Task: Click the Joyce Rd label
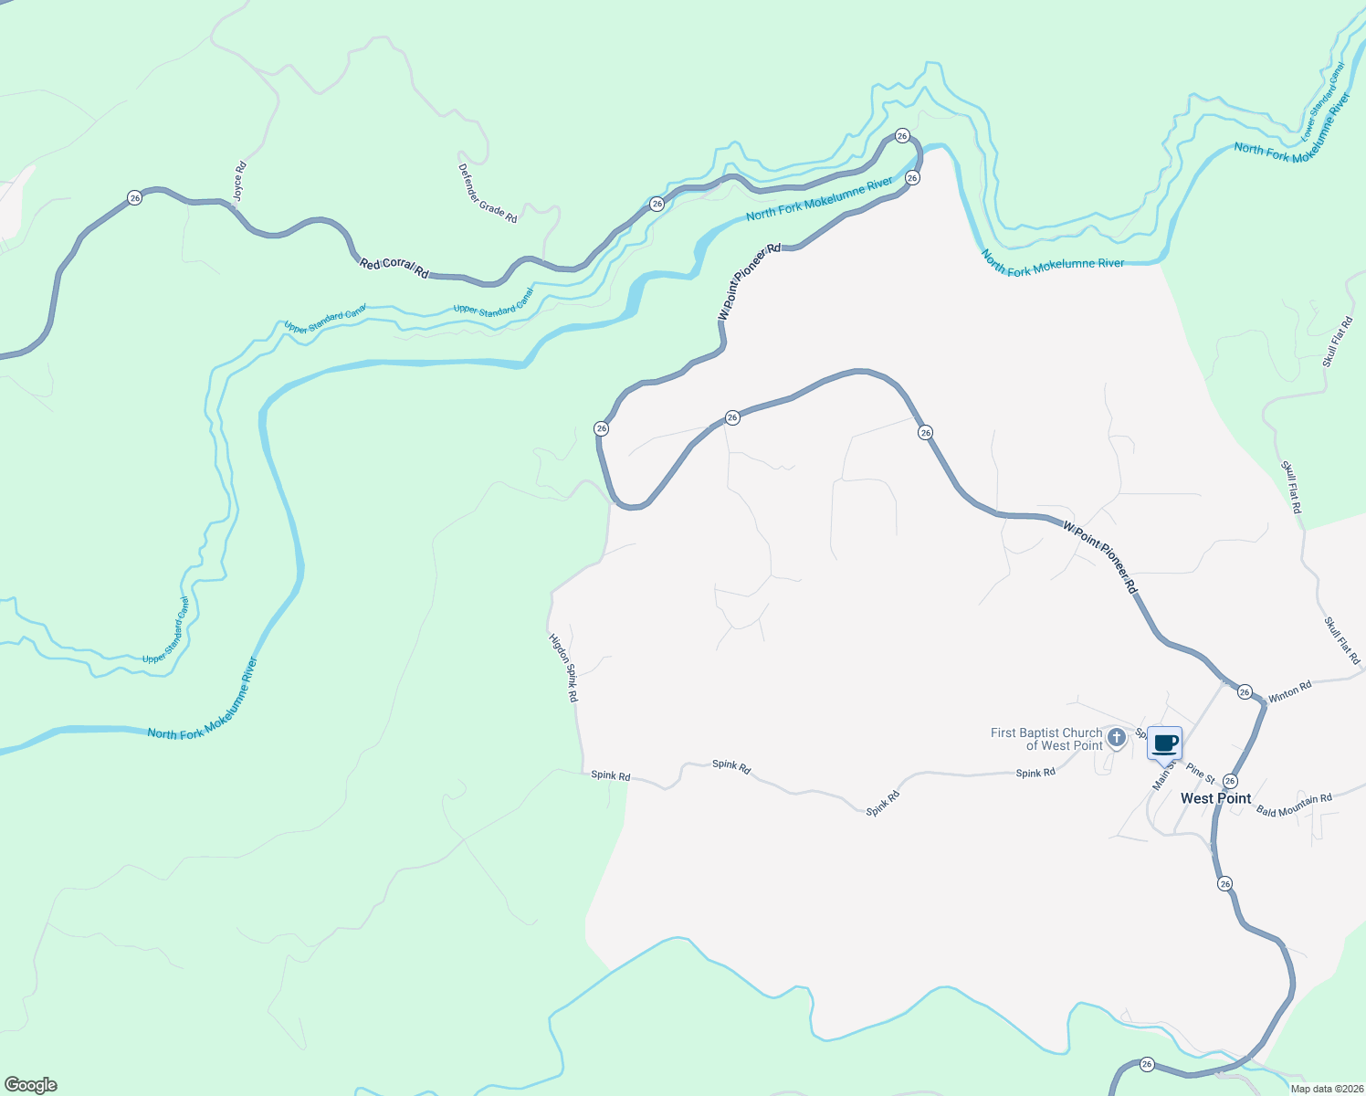[239, 182]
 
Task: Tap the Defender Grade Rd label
[488, 194]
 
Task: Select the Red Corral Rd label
[394, 267]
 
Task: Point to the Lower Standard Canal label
[1323, 101]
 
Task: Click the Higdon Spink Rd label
[563, 668]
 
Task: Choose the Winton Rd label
[1289, 692]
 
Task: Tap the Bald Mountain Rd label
[1294, 805]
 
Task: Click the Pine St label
[1201, 775]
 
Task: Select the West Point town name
[1215, 798]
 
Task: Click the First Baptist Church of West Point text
[1046, 739]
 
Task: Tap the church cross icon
[1116, 737]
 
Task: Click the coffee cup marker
[1164, 743]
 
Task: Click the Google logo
[31, 1084]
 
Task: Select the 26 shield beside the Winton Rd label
[1245, 692]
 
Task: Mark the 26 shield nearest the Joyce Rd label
[135, 197]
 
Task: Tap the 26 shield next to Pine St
[1230, 781]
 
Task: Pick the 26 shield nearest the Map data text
[1147, 1064]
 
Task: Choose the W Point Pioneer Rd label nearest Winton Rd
[1101, 558]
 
